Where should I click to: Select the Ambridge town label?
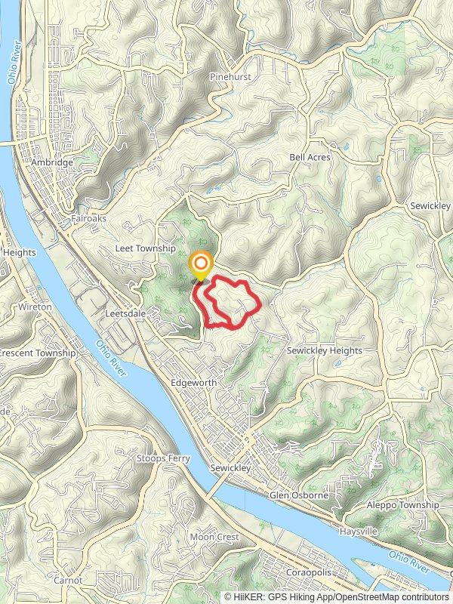(52, 162)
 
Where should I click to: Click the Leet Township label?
(145, 248)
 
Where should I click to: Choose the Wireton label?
(35, 307)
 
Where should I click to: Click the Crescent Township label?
(38, 353)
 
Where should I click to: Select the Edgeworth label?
(194, 383)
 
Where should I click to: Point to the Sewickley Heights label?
(325, 351)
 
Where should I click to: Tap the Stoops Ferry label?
(163, 458)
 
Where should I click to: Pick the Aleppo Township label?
(402, 505)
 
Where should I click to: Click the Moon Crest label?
(214, 537)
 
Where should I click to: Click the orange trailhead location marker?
(201, 265)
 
